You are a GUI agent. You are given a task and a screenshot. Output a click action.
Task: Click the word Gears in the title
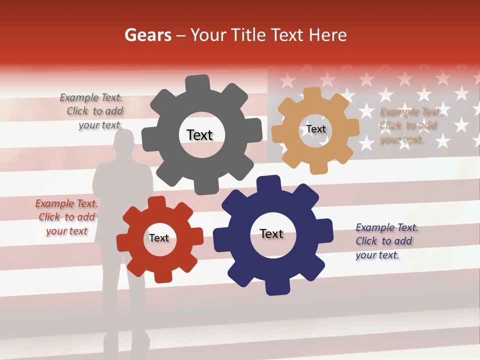(147, 35)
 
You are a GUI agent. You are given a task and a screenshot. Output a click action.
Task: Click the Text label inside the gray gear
(199, 135)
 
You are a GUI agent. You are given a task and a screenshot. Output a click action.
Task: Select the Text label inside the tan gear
(316, 129)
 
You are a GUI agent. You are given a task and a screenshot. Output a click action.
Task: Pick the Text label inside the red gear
(159, 238)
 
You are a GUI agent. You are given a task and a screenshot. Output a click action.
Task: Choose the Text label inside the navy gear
(271, 233)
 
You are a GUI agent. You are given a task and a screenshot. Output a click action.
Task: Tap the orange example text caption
(408, 125)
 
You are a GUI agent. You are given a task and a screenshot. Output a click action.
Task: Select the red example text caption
(67, 217)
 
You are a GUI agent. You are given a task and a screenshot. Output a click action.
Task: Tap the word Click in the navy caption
(366, 241)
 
